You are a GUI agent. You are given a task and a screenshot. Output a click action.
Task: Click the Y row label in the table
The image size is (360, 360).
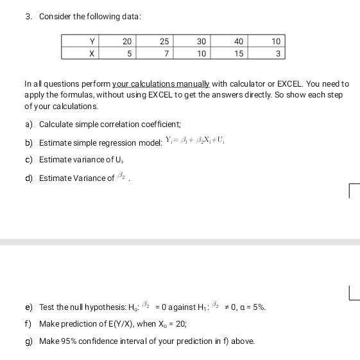[x=93, y=42]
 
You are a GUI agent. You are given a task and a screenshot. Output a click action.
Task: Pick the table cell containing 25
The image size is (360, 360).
[x=165, y=42]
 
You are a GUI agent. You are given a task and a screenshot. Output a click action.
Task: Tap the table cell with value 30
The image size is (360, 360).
[x=201, y=42]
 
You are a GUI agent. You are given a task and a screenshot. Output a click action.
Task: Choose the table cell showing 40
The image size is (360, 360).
[x=239, y=42]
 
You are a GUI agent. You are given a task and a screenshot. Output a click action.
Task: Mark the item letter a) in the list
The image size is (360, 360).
[x=29, y=124]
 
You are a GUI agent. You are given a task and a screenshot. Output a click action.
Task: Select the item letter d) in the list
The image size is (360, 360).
[x=29, y=178]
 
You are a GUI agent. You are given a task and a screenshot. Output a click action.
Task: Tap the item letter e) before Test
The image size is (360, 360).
[x=29, y=307]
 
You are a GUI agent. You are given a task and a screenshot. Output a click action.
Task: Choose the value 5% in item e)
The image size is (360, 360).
[x=258, y=307]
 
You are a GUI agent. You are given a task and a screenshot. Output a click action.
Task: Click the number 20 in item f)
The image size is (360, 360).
[x=176, y=324]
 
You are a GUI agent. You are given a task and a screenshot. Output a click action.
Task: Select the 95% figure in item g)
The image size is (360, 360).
[x=69, y=341]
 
